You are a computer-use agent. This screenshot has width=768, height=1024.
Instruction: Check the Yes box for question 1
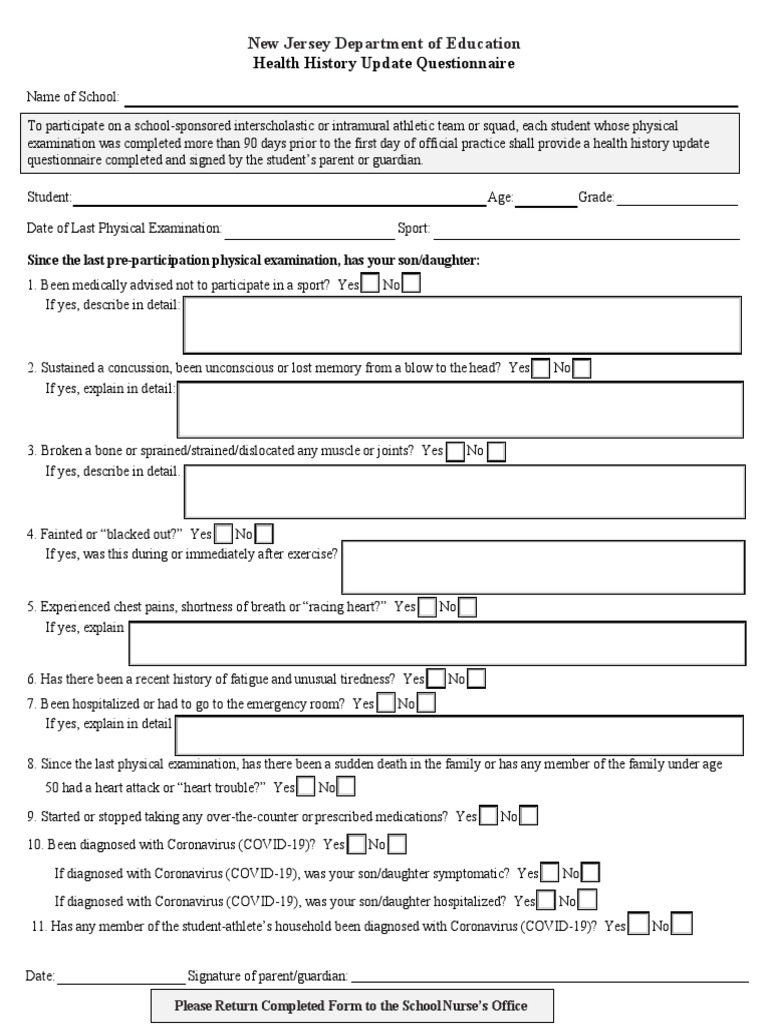pos(370,284)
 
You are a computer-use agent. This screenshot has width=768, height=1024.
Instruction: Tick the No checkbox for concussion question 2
pos(582,368)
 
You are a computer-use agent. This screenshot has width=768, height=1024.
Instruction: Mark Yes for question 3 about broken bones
pos(455,451)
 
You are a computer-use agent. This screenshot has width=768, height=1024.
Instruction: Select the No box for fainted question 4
pos(264,534)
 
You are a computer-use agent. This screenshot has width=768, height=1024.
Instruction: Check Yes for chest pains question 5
pos(427,607)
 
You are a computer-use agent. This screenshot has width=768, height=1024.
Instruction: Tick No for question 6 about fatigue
pos(477,679)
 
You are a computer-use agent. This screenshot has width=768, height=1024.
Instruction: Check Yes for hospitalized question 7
pos(385,704)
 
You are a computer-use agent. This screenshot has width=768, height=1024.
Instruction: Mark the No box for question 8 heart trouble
pos(344,788)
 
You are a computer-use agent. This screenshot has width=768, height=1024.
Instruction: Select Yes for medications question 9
pos(488,816)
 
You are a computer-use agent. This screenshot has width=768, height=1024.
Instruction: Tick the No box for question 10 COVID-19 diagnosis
pos(397,845)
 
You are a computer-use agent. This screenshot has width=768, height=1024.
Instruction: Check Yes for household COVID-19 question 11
pos(638,926)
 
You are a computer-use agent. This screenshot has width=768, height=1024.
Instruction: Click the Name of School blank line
pos(430,98)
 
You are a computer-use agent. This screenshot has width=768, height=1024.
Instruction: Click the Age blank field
pos(545,199)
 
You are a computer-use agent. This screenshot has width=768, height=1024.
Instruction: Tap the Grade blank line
pos(677,199)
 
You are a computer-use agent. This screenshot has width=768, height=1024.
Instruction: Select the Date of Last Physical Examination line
pos(309,230)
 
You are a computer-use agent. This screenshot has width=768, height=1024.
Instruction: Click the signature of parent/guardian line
pos(549,976)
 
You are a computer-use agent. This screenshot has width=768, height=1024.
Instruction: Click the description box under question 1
pos(461,325)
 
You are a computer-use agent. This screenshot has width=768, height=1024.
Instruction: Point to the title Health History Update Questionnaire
pos(384,63)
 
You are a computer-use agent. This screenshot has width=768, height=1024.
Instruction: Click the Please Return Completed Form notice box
pos(351,1005)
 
